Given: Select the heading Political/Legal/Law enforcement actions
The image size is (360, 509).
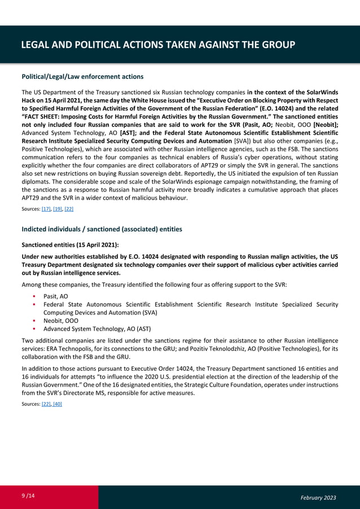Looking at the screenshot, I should (82, 76).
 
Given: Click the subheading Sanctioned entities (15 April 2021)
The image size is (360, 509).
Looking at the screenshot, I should (70, 245).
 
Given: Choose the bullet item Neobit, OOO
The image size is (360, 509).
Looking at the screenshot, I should (61, 321).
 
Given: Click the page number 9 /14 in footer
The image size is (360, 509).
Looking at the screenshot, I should (27, 496).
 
